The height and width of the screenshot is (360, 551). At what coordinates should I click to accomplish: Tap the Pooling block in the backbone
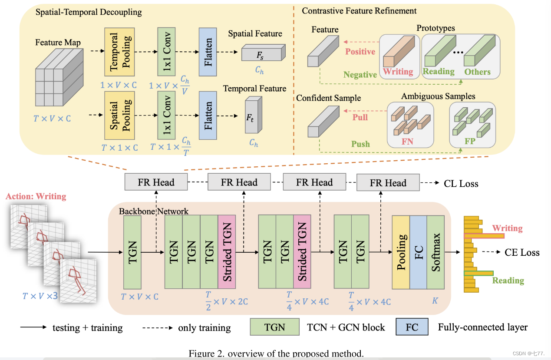pyautogui.click(x=401, y=252)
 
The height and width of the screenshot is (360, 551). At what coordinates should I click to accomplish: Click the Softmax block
pyautogui.click(x=436, y=252)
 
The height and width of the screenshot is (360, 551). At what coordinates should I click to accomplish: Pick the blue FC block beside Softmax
pyautogui.click(x=418, y=252)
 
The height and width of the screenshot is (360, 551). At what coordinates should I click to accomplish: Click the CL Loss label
pyautogui.click(x=461, y=184)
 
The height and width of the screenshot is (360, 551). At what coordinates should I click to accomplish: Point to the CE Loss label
pyautogui.click(x=522, y=252)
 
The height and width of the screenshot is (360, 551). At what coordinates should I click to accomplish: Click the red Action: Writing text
pyautogui.click(x=36, y=196)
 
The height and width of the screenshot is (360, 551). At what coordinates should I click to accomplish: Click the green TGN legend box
pyautogui.click(x=275, y=327)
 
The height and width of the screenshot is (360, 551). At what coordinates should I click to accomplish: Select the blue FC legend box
pyautogui.click(x=412, y=327)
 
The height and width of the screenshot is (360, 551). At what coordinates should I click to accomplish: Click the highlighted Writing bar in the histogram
pyautogui.click(x=484, y=236)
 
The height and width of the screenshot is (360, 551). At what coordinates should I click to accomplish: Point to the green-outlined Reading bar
pyautogui.click(x=478, y=273)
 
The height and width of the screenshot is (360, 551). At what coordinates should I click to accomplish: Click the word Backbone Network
pyautogui.click(x=154, y=211)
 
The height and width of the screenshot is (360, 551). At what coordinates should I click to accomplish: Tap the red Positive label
pyautogui.click(x=360, y=52)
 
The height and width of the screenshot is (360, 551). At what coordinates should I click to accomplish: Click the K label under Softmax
pyautogui.click(x=435, y=300)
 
